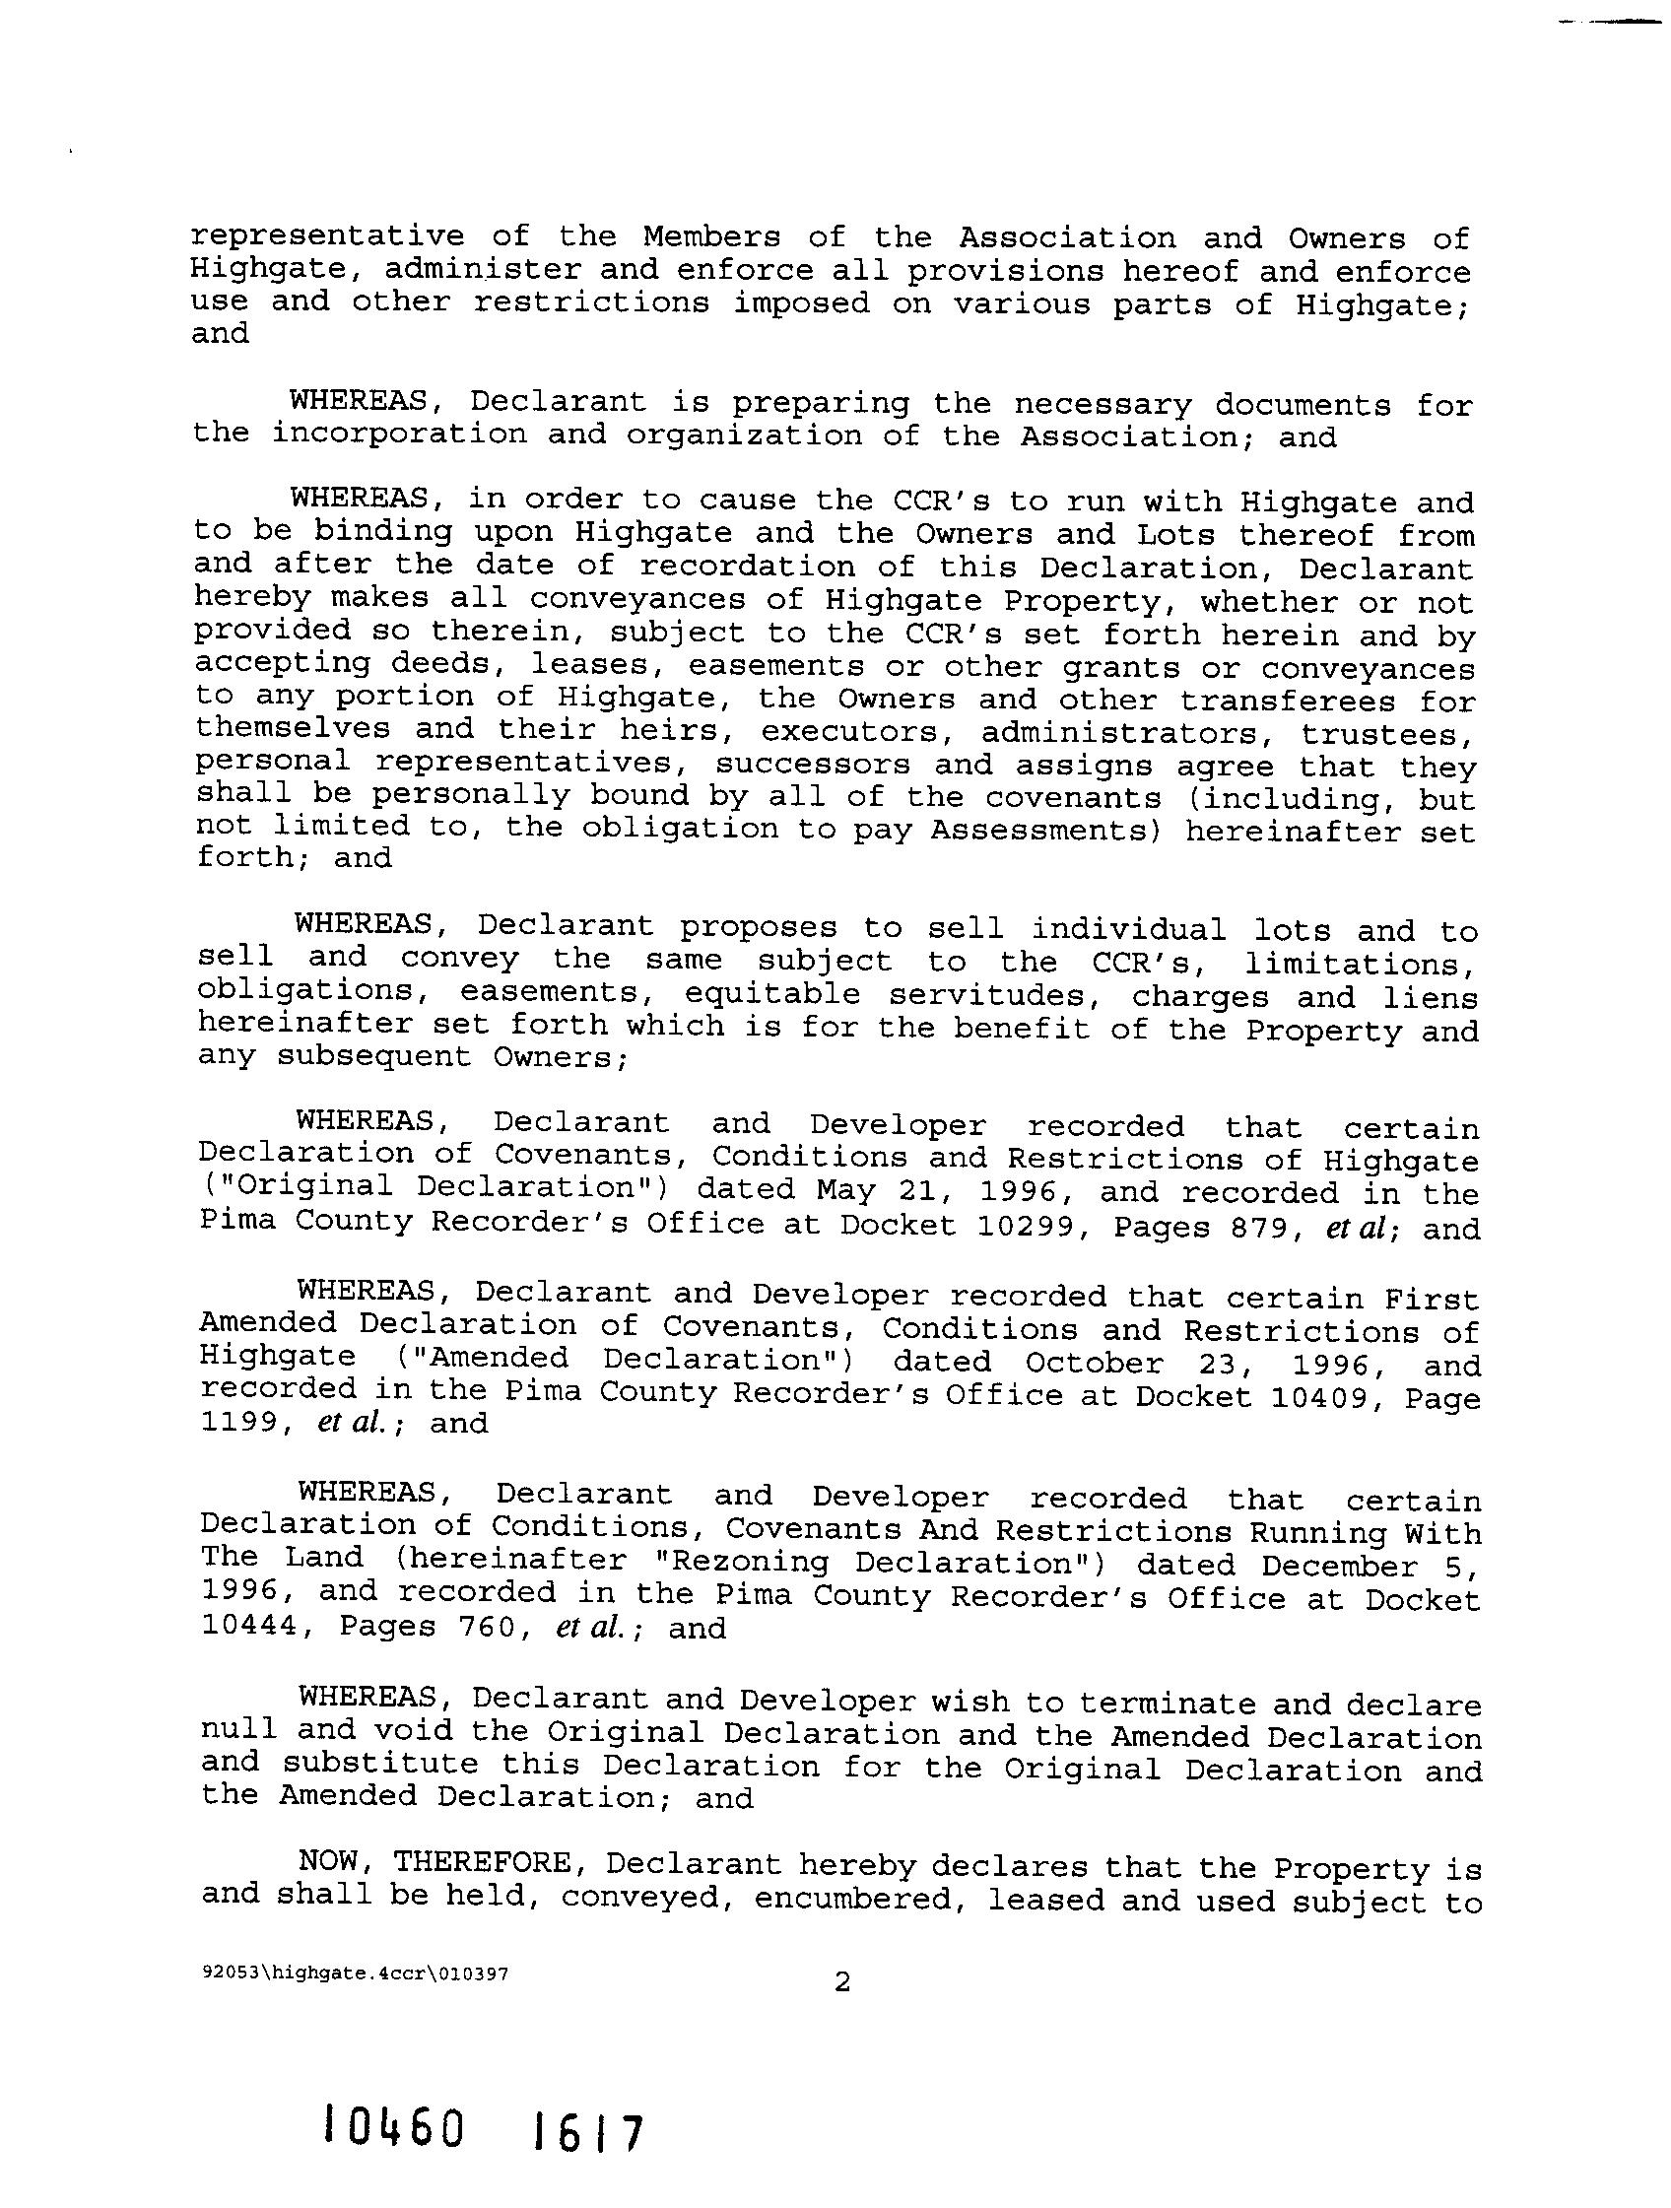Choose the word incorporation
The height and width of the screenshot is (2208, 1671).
pos(399,435)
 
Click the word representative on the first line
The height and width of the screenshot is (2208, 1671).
pos(327,237)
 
